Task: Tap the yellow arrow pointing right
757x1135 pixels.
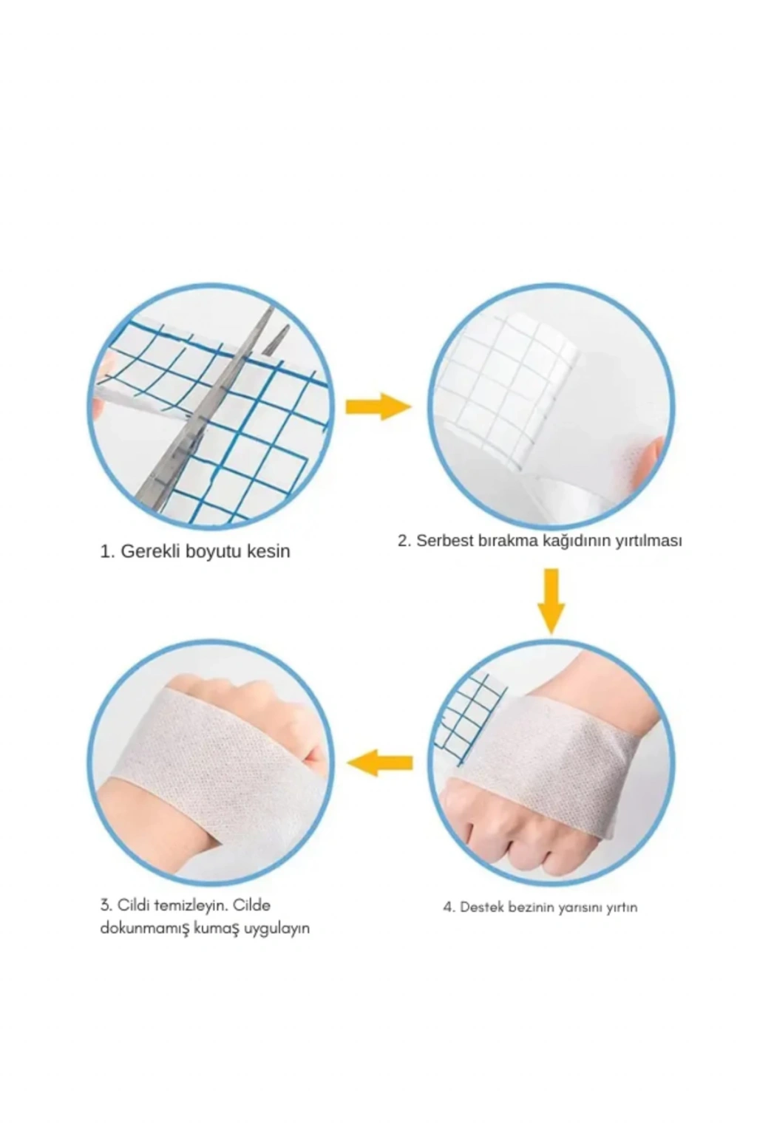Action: coord(378,406)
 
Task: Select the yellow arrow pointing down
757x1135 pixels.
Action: coord(551,601)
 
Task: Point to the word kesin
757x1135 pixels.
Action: coord(268,551)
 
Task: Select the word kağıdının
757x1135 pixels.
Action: coord(577,541)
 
